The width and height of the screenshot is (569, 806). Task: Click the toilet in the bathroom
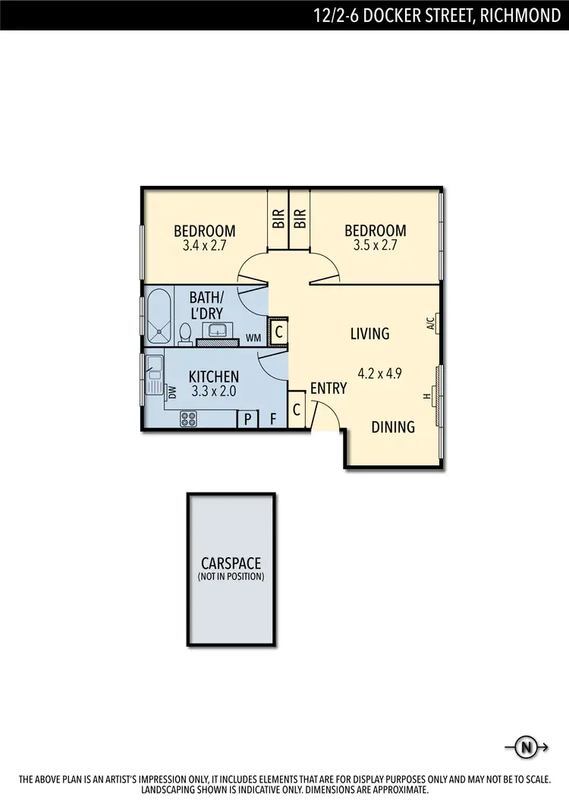coord(185,332)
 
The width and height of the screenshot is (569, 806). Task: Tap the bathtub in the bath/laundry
coord(159,316)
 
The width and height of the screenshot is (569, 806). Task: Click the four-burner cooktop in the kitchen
coord(189,418)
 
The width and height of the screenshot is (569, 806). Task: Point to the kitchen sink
coord(155,374)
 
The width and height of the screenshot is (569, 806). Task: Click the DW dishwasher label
coord(172,392)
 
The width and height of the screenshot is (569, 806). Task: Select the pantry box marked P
coord(247,419)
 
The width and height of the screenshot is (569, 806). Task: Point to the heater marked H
coord(427,396)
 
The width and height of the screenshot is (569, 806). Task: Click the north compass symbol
coord(525,748)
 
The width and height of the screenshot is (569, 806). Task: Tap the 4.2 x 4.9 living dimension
coord(379,373)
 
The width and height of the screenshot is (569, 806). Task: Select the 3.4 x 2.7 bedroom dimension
coord(205,246)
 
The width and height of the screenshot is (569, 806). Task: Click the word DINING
coord(393,427)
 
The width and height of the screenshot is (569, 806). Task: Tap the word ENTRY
coord(328,389)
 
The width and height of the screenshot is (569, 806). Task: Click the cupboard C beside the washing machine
coord(278,332)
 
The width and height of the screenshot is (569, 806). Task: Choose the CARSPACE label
coord(231,564)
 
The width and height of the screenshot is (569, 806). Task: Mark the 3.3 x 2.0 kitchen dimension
coord(214,392)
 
